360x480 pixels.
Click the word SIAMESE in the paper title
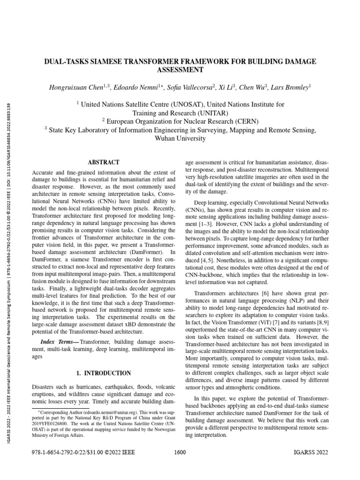tap(110, 62)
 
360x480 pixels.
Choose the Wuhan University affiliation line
tap(180, 139)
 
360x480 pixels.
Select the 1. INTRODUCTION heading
tap(104, 373)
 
